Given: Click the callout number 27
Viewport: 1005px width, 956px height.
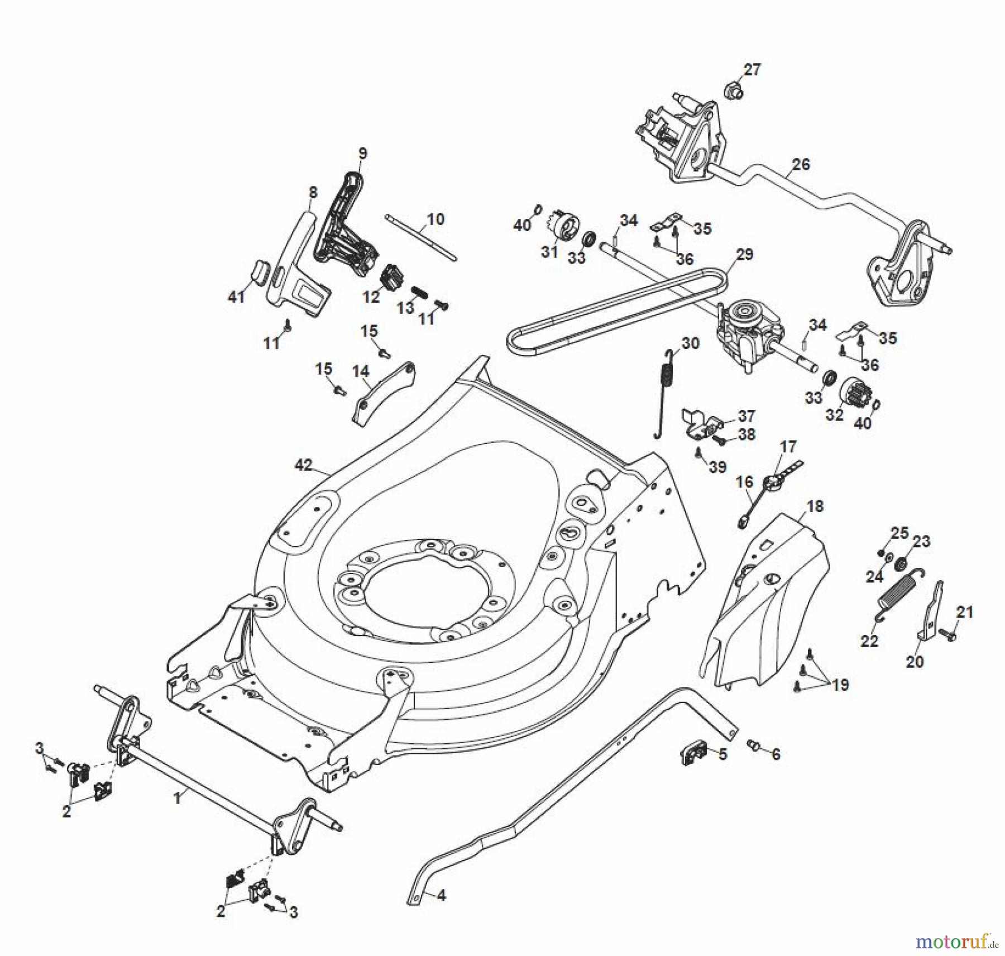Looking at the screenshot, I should coord(752,70).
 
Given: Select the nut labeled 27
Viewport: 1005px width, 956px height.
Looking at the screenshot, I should coord(732,89).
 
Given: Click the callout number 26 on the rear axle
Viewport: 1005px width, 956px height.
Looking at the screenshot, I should coord(801,164).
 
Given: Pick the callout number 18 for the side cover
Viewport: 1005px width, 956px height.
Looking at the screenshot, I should coord(815,506).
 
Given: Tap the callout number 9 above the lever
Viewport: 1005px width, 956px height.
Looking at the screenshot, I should coord(363,152).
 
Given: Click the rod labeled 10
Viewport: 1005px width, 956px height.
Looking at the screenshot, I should coord(422,237).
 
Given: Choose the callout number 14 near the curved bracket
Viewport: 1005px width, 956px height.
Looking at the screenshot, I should coord(360,371).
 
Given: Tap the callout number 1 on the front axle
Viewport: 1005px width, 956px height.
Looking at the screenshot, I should coord(178,799).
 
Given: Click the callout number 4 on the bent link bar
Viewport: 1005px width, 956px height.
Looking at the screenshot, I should coord(441,896).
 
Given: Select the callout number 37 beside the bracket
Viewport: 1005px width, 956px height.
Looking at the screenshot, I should coord(746,415).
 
